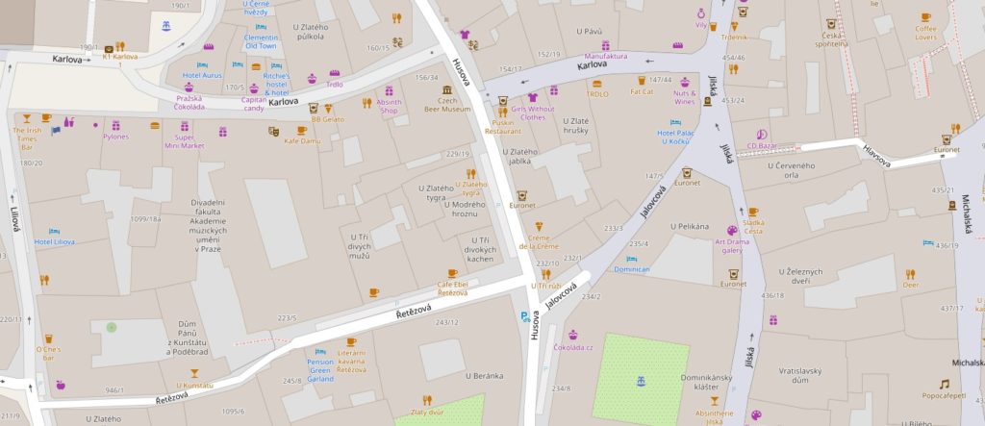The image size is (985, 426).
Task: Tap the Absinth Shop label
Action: click(x=390, y=106)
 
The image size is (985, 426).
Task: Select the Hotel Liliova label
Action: click(x=56, y=241)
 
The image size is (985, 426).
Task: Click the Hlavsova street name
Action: click(x=876, y=157)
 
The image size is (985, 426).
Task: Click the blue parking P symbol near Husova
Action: click(x=524, y=314)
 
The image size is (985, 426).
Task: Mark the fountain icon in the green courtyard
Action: click(x=640, y=382)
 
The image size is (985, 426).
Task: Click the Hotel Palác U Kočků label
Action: click(x=675, y=137)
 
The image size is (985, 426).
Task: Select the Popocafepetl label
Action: click(x=944, y=394)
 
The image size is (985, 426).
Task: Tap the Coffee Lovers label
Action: click(x=925, y=34)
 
